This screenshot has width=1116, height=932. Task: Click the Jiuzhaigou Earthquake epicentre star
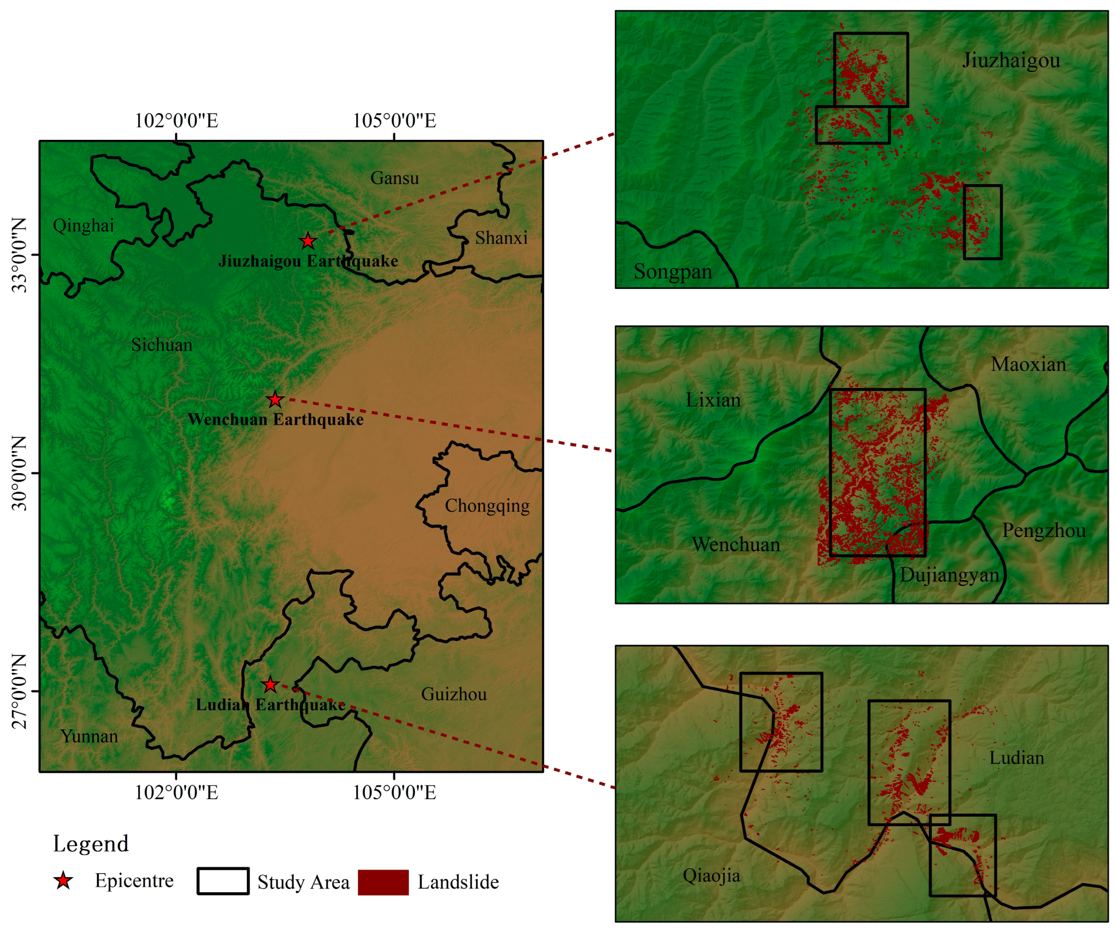pos(308,241)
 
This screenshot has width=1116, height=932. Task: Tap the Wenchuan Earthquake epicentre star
pos(275,399)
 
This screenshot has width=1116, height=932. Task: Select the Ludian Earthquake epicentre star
pos(270,684)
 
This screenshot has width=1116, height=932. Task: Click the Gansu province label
pos(394,178)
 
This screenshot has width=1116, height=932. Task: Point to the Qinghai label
pos(83,226)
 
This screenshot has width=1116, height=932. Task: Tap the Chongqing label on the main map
pos(487,506)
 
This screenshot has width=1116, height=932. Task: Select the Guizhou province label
pos(454,694)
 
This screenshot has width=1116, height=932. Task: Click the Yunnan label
pos(89,736)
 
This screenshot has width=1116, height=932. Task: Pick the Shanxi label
pos(501,238)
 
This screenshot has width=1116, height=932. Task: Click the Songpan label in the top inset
pos(672,272)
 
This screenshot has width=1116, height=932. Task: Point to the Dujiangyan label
pos(949,575)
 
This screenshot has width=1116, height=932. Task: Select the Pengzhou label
pos(1044,531)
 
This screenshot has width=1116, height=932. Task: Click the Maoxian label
pos(1028,365)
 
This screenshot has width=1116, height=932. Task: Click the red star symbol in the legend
pos(63,881)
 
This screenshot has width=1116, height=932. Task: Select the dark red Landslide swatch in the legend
pos(383,882)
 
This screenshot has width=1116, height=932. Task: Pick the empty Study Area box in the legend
pos(223,881)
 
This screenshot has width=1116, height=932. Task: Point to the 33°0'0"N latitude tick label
pos(19,255)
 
